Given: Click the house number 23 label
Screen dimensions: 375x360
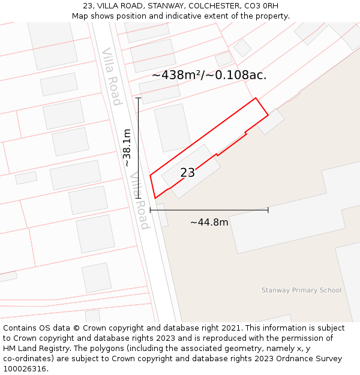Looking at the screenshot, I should pos(188,173).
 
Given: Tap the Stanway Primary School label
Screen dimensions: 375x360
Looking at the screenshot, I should pos(301,290).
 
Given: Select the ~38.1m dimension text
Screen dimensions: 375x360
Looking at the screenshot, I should pos(127,148).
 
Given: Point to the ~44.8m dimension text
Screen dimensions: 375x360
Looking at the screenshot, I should pos(209,223).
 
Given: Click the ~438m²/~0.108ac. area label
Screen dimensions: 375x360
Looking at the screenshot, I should pos(209,75).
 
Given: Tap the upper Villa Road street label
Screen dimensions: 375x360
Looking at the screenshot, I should pos(112,77).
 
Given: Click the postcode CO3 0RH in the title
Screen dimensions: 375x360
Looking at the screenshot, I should pos(261,6).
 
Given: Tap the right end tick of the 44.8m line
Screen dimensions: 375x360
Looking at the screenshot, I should pos(268,210).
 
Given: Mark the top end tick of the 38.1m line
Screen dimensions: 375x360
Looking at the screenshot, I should pos(139,98).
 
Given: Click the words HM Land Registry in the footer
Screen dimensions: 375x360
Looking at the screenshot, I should pos(31,349).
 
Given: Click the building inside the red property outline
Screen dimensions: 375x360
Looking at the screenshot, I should pos(191,171).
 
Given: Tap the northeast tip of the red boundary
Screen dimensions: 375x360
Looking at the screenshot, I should pos(256,98).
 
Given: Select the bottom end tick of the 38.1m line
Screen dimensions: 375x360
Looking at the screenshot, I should pos(139,198).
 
